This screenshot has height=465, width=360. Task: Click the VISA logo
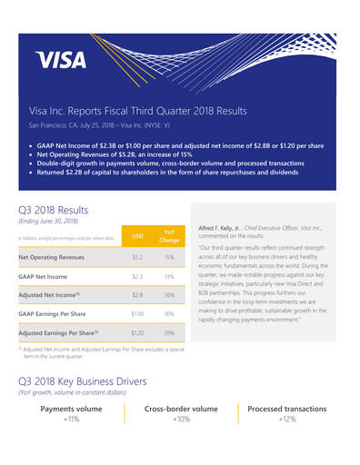tap(62, 60)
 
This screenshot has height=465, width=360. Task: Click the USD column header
tap(138, 235)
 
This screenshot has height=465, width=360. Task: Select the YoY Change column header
tap(169, 235)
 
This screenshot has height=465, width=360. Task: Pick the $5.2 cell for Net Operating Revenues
tap(138, 257)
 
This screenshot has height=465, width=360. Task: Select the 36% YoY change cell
tap(169, 295)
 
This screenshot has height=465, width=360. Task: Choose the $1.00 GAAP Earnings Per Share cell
tap(138, 313)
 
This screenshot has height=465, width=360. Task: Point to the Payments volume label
tap(71, 409)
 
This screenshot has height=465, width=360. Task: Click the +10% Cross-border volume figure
tap(181, 420)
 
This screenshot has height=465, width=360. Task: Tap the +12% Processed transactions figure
tap(287, 420)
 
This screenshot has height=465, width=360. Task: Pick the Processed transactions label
tap(287, 409)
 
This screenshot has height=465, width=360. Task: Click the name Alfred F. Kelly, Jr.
tap(225, 230)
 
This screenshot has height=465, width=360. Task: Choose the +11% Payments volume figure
tap(71, 420)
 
